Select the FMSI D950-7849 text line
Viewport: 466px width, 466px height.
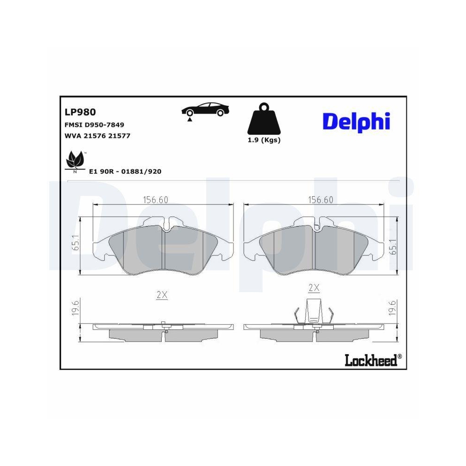94,125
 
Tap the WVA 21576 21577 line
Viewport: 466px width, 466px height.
96,136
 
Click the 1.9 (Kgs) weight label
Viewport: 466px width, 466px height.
264,140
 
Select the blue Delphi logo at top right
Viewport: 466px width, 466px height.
356,121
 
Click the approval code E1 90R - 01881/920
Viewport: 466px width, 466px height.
125,171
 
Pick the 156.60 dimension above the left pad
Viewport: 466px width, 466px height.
155,199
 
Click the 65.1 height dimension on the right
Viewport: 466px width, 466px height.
393,246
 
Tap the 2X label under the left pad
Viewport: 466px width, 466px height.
162,295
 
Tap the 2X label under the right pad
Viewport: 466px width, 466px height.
314,288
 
